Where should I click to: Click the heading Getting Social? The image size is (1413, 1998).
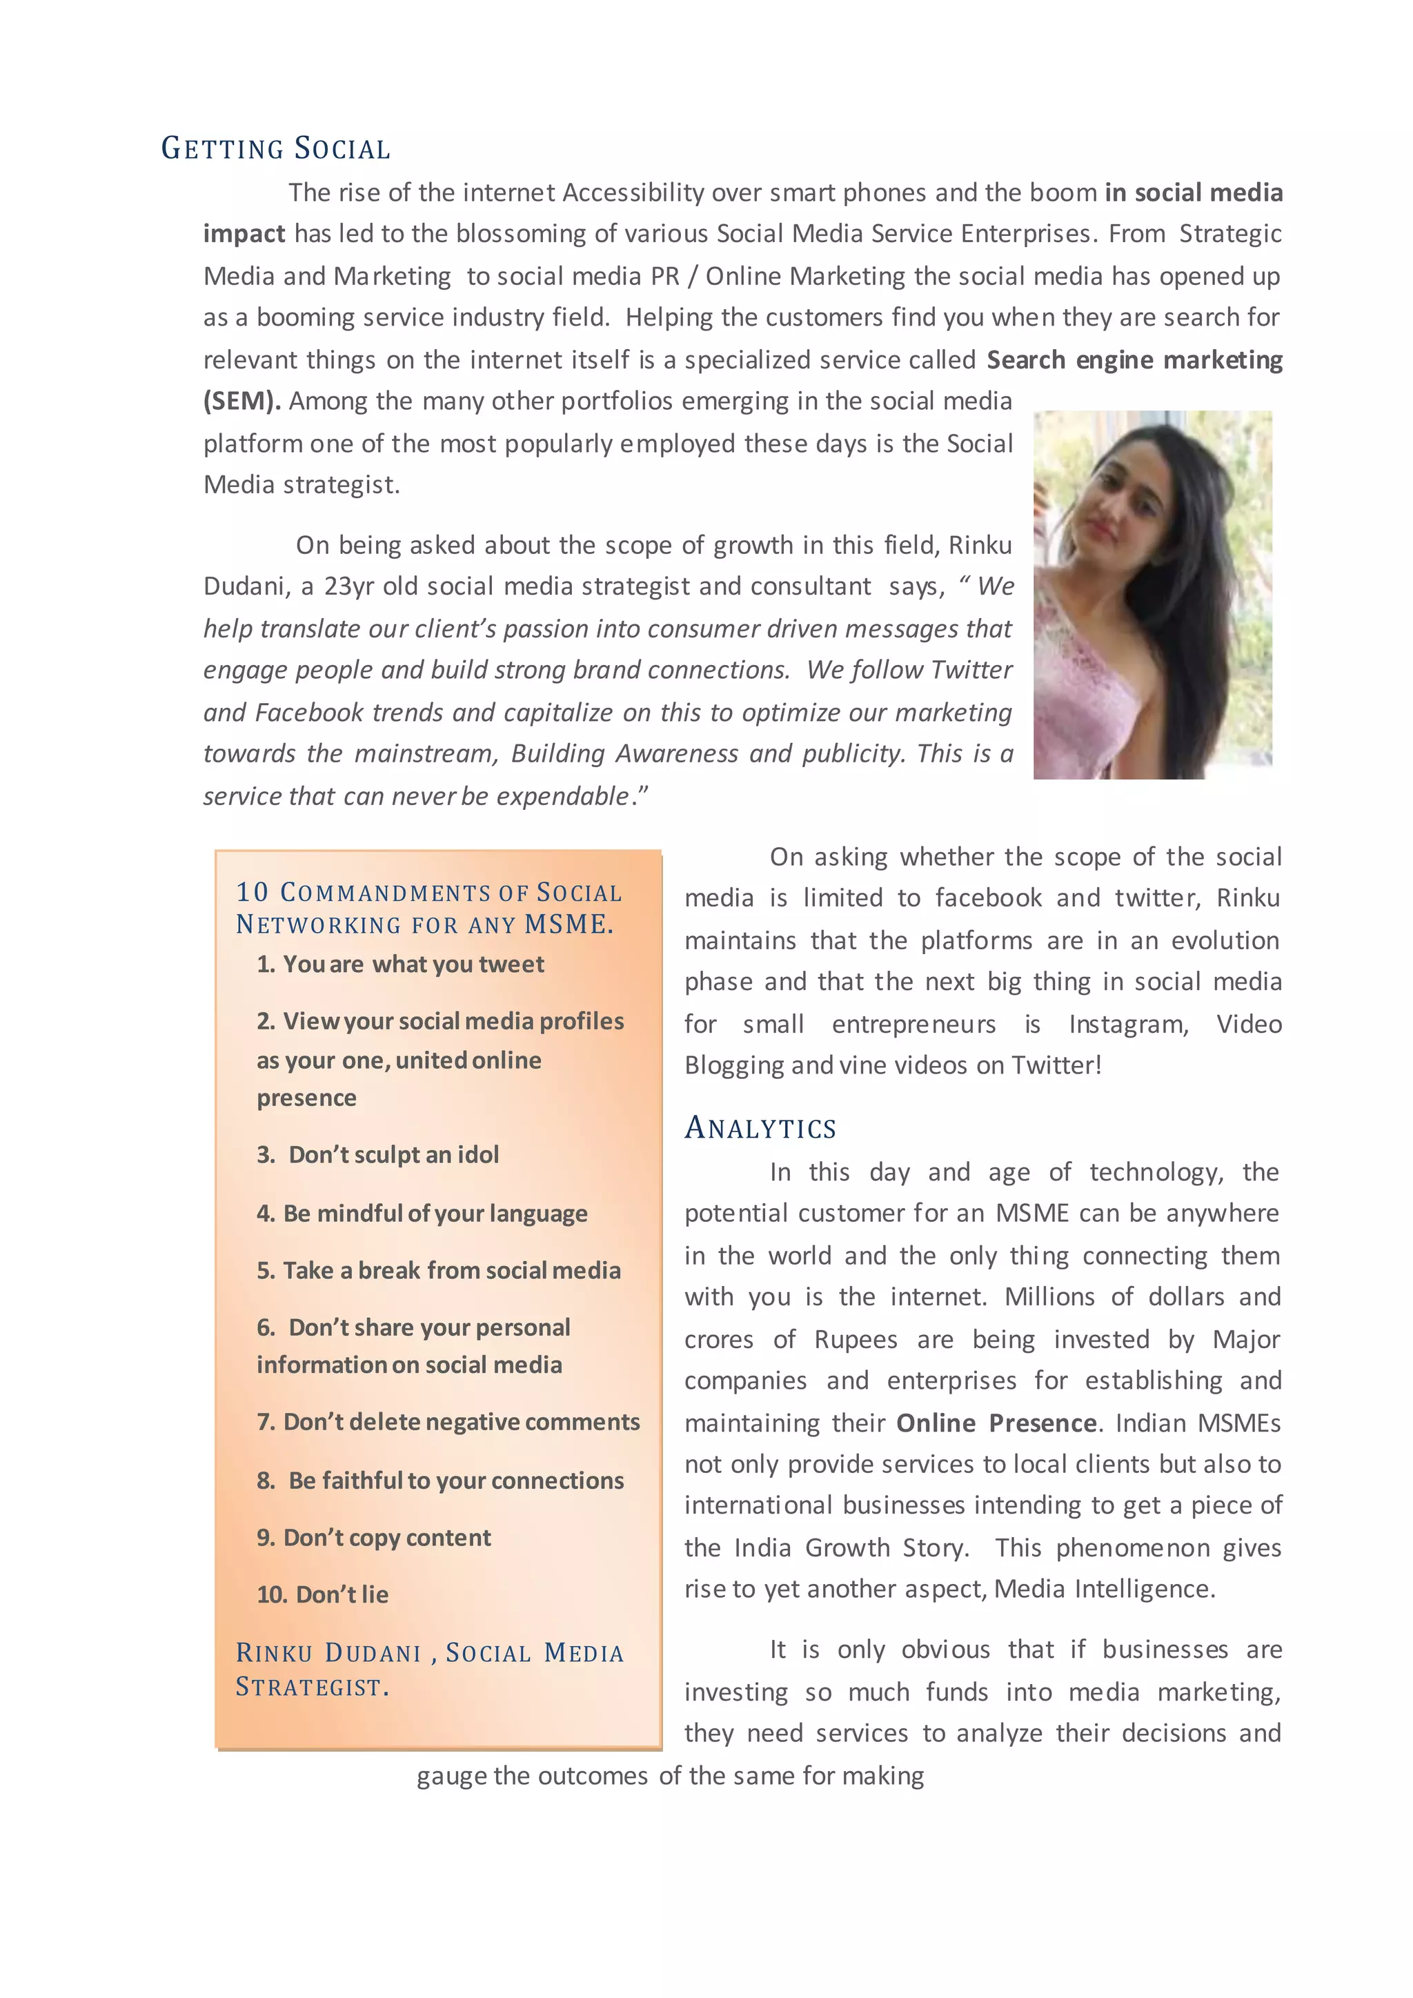(275, 149)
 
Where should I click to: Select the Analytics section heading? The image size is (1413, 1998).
(760, 1128)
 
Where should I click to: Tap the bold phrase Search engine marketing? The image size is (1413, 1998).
(1134, 359)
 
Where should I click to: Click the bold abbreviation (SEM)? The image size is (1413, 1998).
(241, 401)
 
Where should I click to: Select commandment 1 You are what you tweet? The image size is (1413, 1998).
(400, 965)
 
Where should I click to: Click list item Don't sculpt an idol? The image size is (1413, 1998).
(379, 1155)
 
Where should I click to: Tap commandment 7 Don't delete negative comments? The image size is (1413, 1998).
(448, 1422)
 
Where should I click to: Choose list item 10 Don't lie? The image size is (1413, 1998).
(323, 1595)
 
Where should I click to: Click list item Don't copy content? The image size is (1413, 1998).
(374, 1538)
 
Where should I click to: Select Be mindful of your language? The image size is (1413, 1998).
(422, 1214)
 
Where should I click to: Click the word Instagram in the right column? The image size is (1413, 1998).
(1127, 1025)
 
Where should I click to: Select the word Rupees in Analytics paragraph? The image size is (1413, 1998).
(856, 1339)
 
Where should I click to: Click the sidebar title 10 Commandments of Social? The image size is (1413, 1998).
(429, 893)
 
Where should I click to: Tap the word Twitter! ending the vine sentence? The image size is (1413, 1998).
(1056, 1065)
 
